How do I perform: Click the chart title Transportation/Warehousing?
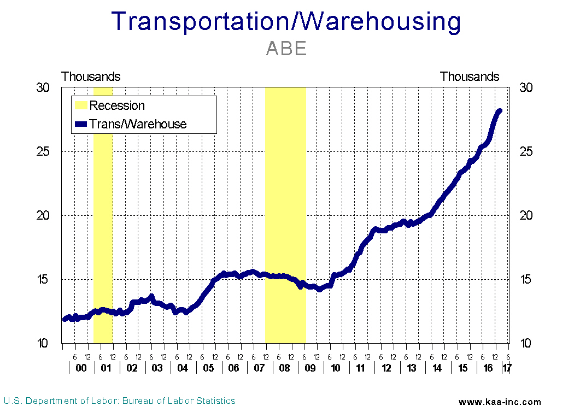(x=286, y=21)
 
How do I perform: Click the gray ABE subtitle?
(x=286, y=49)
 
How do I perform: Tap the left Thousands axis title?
(x=91, y=76)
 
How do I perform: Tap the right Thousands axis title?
(x=470, y=76)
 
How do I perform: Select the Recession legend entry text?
(x=117, y=105)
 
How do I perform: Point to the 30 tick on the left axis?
(x=43, y=87)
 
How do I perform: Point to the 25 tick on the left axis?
(x=43, y=151)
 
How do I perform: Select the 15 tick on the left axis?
(x=43, y=279)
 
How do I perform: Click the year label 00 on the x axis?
(x=81, y=368)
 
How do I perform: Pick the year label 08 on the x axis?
(x=284, y=368)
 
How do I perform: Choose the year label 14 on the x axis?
(x=437, y=368)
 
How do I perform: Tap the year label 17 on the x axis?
(x=507, y=368)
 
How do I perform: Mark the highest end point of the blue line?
(x=499, y=111)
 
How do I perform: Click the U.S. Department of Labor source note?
(x=120, y=401)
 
